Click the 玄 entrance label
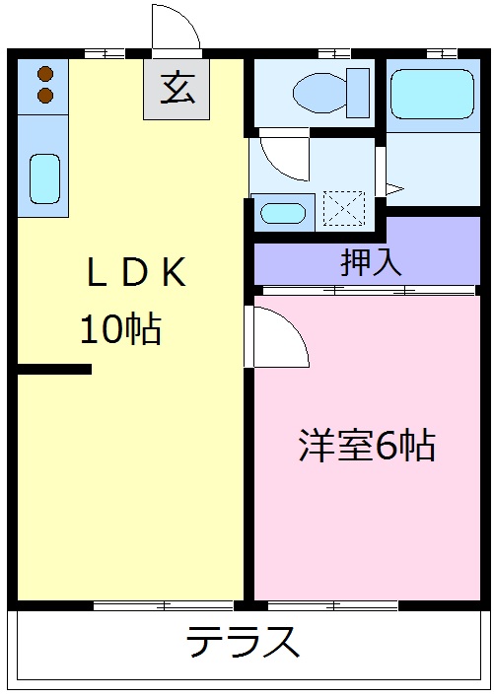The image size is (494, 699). (176, 90)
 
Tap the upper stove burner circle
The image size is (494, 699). (44, 73)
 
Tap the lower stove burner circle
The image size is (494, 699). (44, 95)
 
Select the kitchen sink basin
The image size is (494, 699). (44, 176)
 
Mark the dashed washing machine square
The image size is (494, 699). (343, 209)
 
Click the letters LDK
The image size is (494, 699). (135, 275)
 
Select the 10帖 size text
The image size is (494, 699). (119, 330)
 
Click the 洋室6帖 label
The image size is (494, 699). (366, 446)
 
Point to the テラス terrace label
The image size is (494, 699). (243, 643)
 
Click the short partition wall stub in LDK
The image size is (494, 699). (54, 370)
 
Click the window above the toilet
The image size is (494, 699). (334, 52)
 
